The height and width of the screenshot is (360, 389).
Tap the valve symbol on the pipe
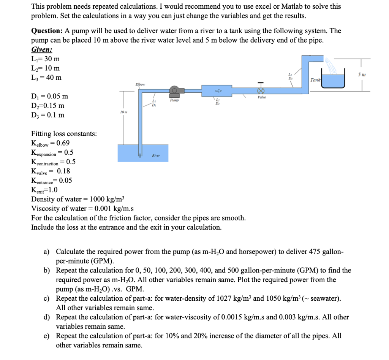tap(261, 91)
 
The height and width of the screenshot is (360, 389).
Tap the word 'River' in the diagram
tap(156, 155)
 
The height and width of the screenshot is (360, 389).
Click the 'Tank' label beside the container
tap(315, 80)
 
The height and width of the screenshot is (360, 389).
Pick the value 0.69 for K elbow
tap(63, 143)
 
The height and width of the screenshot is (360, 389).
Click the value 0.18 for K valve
tap(63, 171)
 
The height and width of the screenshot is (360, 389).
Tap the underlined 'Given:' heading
tap(41, 50)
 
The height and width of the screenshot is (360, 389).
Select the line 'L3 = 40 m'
tap(46, 78)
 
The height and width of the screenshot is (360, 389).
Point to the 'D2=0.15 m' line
tap(47, 105)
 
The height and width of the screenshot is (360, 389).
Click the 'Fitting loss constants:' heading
tap(64, 134)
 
